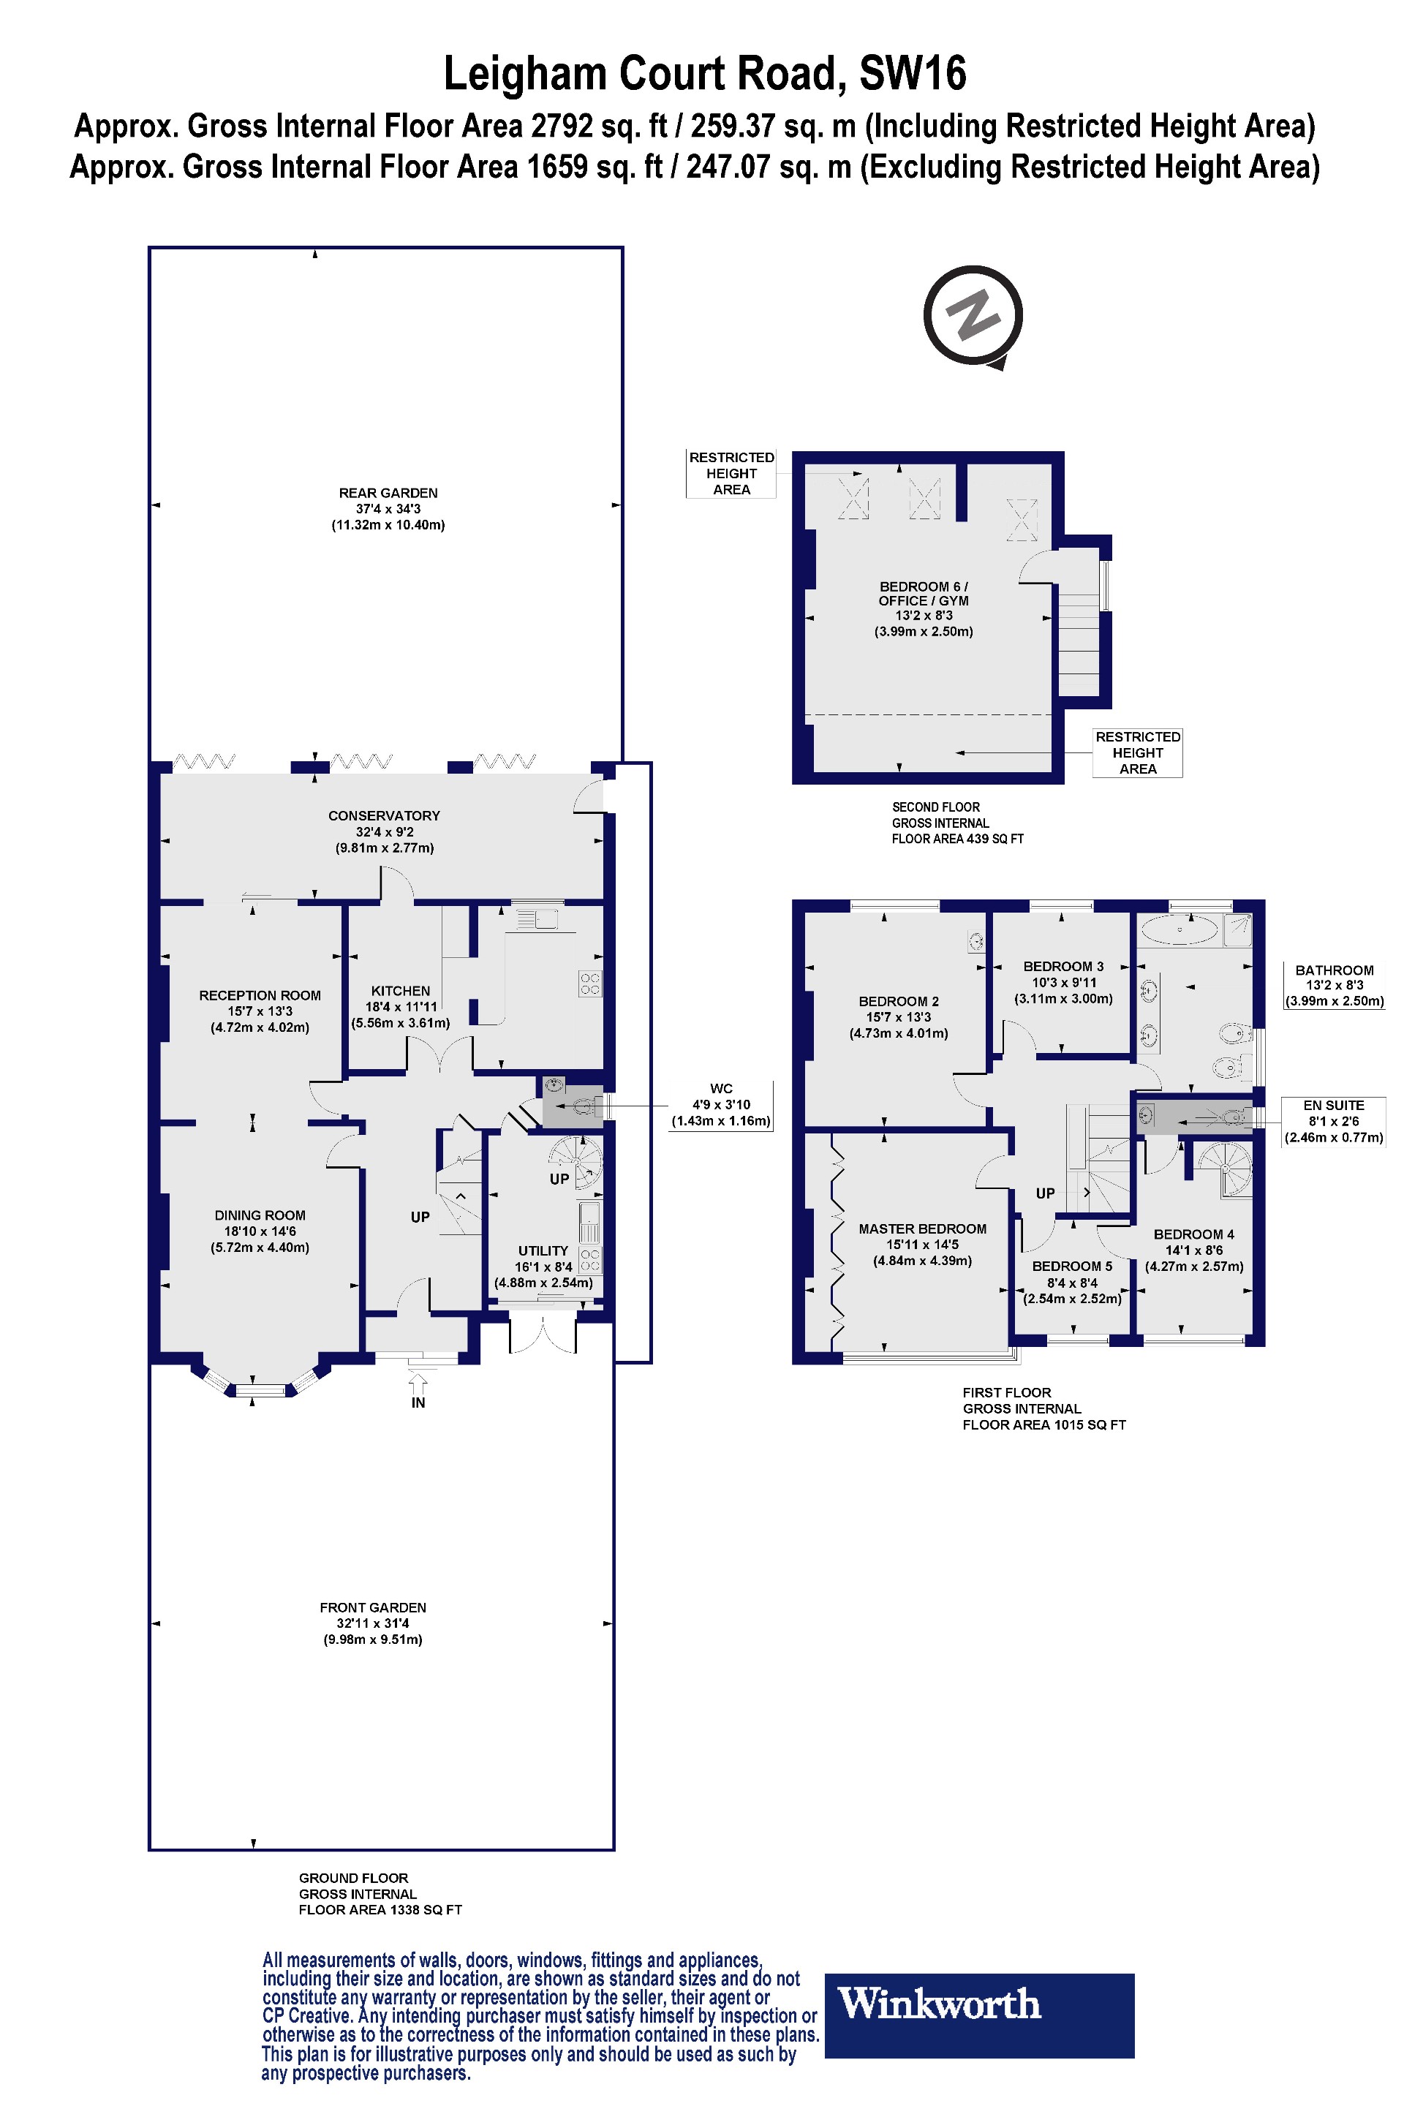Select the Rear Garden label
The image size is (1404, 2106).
tap(388, 507)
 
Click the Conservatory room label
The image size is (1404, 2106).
tap(384, 831)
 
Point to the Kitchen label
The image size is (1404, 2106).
tap(400, 1005)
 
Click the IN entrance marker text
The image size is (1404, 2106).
tap(418, 1403)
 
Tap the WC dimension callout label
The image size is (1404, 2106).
tap(721, 1105)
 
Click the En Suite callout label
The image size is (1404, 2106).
tap(1333, 1121)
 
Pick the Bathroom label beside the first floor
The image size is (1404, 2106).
tap(1334, 985)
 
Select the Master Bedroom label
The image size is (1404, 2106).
tap(922, 1244)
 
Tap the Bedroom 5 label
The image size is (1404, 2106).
tap(1072, 1281)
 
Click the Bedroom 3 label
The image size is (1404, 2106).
tap(1063, 981)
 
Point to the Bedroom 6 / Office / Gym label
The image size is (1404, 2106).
tap(923, 608)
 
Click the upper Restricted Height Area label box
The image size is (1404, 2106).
tap(731, 473)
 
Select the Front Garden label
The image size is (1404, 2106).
tap(372, 1623)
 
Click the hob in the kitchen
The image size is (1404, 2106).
tap(590, 983)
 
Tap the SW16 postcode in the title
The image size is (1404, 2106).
tap(913, 73)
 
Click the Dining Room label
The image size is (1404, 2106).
tap(260, 1230)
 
